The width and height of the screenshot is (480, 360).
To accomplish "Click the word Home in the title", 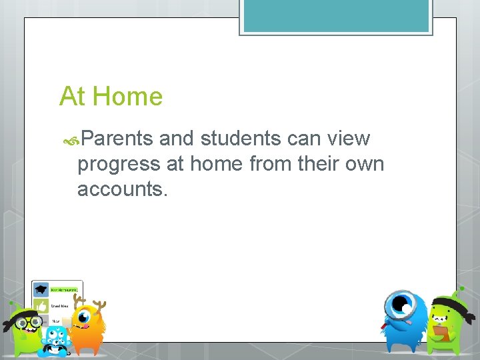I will pyautogui.click(x=127, y=97).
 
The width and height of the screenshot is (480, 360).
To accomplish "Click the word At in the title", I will pyautogui.click(x=72, y=97).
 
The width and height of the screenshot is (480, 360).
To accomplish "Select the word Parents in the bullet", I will pyautogui.click(x=118, y=139).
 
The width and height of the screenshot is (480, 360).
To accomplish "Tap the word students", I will pyautogui.click(x=241, y=139).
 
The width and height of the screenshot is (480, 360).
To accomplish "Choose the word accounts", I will pyautogui.click(x=123, y=189).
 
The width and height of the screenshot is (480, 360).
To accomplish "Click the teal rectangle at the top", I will pyautogui.click(x=335, y=16).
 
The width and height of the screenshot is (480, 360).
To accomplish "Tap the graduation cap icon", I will pyautogui.click(x=41, y=290).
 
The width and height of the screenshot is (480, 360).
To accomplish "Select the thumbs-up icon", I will pyautogui.click(x=41, y=306).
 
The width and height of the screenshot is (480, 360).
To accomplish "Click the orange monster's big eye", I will pyautogui.click(x=85, y=317).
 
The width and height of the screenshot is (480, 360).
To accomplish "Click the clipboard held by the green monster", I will pyautogui.click(x=441, y=331).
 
